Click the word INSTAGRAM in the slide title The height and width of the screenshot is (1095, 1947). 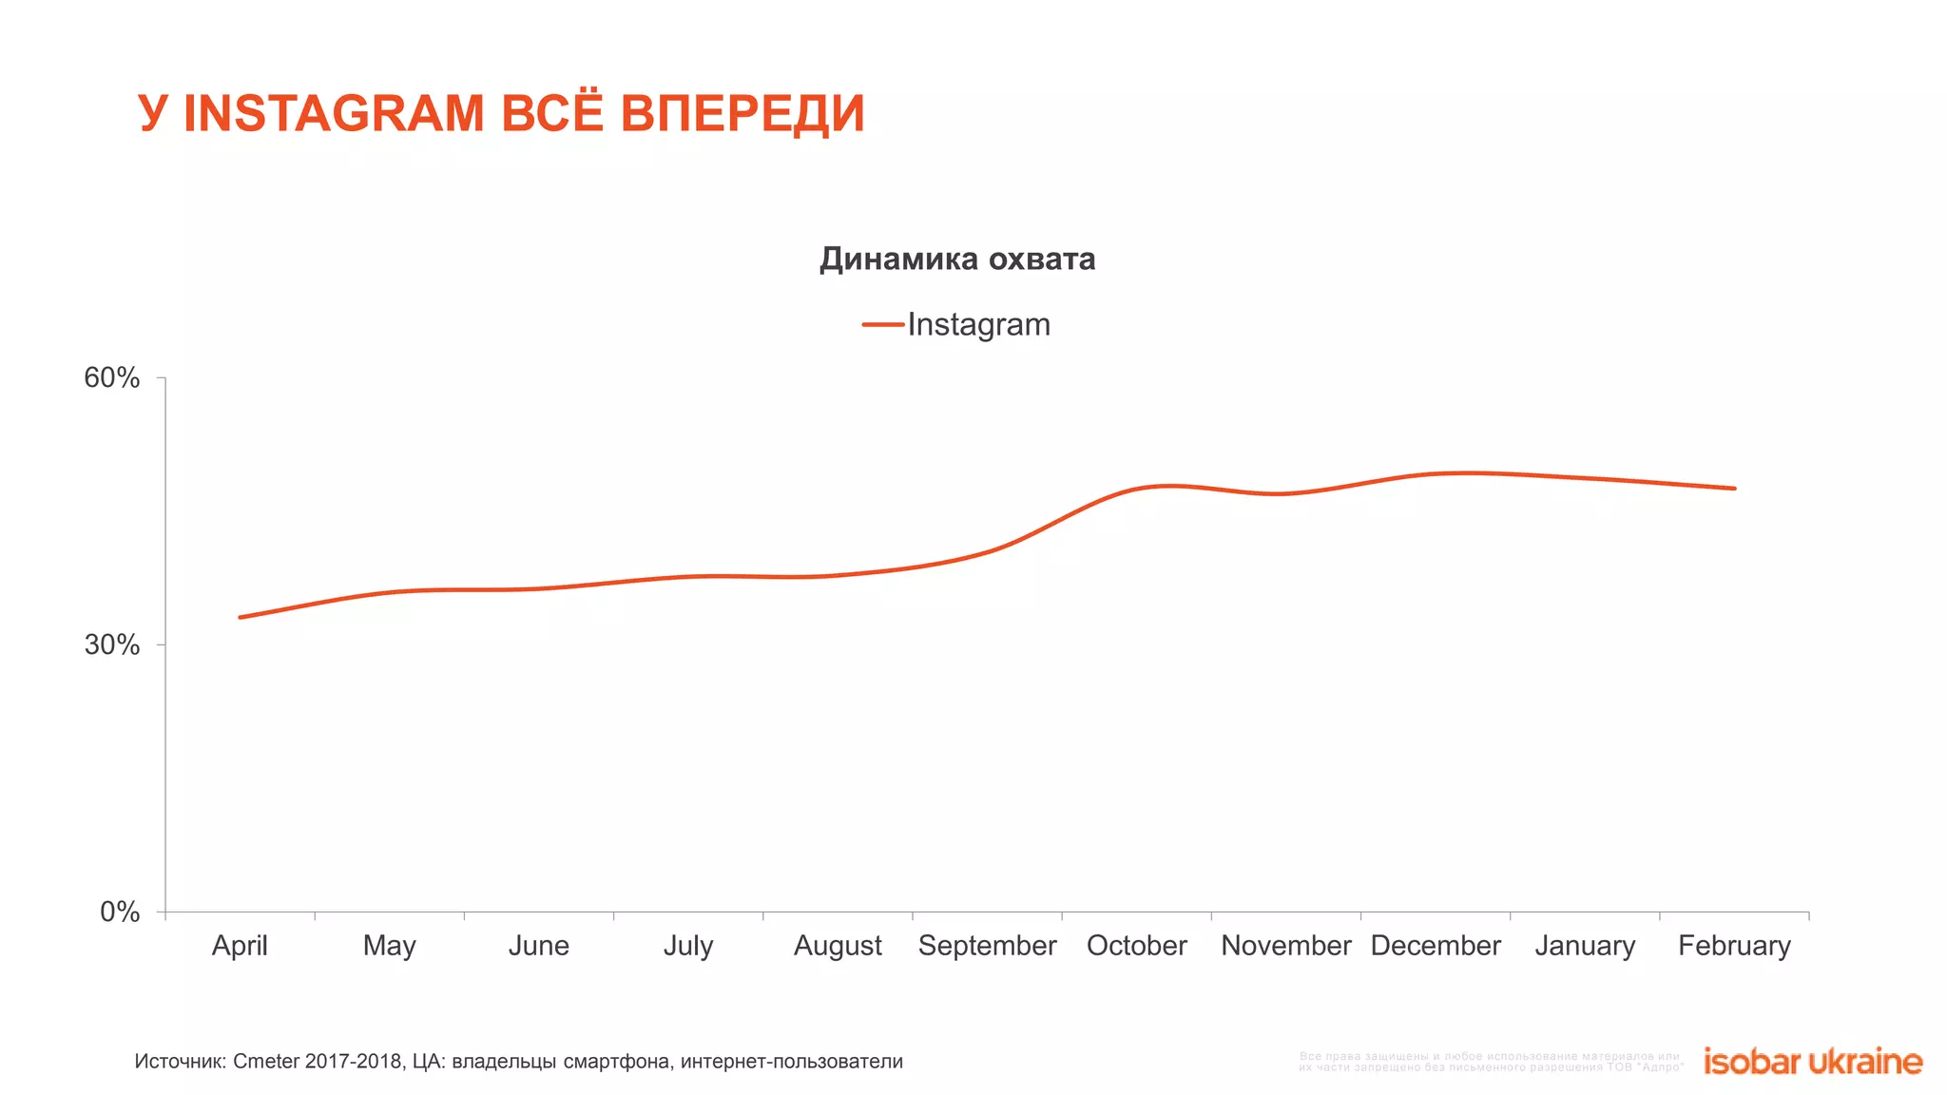(x=334, y=114)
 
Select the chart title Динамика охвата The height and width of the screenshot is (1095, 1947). (x=957, y=259)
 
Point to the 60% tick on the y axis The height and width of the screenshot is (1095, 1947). (x=112, y=378)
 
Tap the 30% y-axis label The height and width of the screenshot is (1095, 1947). (x=112, y=645)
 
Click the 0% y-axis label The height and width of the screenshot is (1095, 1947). (x=120, y=912)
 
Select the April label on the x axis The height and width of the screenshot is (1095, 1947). (x=240, y=946)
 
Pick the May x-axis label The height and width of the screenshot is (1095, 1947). (x=389, y=946)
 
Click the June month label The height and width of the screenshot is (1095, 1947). (x=538, y=946)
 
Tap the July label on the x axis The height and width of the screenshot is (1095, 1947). (x=688, y=946)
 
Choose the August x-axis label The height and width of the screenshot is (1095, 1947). (x=838, y=946)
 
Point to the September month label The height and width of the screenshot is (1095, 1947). (x=987, y=946)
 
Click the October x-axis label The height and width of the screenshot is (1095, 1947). (x=1136, y=946)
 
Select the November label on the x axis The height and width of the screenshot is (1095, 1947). (x=1285, y=946)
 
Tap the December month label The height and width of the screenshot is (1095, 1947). (x=1436, y=946)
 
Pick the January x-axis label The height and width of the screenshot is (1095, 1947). (x=1585, y=946)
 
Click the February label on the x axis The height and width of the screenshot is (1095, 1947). (x=1734, y=946)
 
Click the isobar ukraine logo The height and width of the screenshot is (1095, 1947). (x=1812, y=1062)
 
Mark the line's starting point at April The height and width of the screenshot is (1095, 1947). (x=240, y=618)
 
